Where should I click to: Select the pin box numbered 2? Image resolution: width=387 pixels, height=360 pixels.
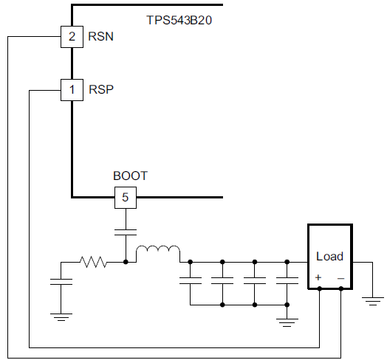coord(72,36)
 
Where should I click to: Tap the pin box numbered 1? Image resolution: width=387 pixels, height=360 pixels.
coord(72,90)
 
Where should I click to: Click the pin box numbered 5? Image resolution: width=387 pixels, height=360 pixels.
coord(126,197)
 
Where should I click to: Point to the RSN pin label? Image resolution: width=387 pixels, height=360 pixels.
coord(100,36)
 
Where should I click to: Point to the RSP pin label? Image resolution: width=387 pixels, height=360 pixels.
coord(100,90)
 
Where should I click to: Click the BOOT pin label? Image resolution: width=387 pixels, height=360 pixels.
coord(130,176)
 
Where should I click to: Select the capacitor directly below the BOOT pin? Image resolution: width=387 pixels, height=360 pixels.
coord(126,232)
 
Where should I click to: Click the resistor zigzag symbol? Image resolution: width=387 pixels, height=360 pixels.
coord(94,261)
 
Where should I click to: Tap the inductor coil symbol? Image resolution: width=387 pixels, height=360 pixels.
coord(157,254)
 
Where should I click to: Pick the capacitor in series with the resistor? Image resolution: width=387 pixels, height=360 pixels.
coord(61,282)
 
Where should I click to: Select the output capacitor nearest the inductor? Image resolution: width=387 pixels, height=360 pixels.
coord(191,281)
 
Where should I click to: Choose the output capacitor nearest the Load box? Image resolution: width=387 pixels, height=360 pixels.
coord(287,281)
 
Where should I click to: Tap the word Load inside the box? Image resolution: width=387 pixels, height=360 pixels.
coord(329,256)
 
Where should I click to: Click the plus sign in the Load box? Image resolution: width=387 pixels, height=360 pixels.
coord(318,277)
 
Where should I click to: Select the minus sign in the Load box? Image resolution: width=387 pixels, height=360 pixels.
coord(340,277)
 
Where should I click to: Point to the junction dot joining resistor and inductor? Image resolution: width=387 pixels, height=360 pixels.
coord(126,261)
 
